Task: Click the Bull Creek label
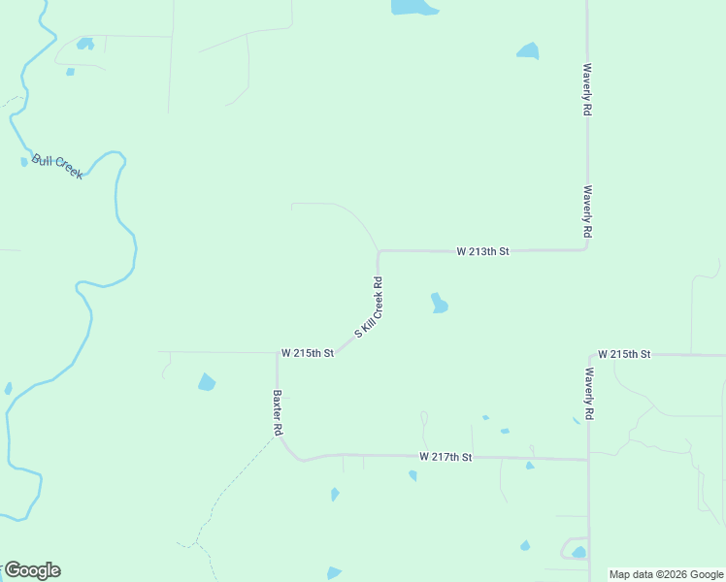pyautogui.click(x=57, y=166)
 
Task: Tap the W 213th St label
pyautogui.click(x=482, y=251)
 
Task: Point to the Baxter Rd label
pyautogui.click(x=278, y=412)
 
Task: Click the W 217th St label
pyautogui.click(x=445, y=456)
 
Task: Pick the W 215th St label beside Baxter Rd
pyautogui.click(x=308, y=353)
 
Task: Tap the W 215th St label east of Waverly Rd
pyautogui.click(x=624, y=354)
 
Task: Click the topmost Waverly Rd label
pyautogui.click(x=587, y=90)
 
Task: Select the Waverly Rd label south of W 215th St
pyautogui.click(x=589, y=393)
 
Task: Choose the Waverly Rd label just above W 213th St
pyautogui.click(x=587, y=212)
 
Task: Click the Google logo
pyautogui.click(x=32, y=570)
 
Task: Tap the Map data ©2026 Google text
pyautogui.click(x=667, y=574)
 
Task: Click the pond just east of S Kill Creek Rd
pyautogui.click(x=439, y=304)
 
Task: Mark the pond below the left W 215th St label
pyautogui.click(x=207, y=382)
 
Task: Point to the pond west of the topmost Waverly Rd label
pyautogui.click(x=528, y=51)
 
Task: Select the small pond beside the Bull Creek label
pyautogui.click(x=24, y=162)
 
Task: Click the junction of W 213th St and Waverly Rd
pyautogui.click(x=586, y=249)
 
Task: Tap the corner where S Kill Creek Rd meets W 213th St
pyautogui.click(x=379, y=251)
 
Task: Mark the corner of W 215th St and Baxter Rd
pyautogui.click(x=278, y=354)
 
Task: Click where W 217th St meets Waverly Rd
pyautogui.click(x=588, y=459)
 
